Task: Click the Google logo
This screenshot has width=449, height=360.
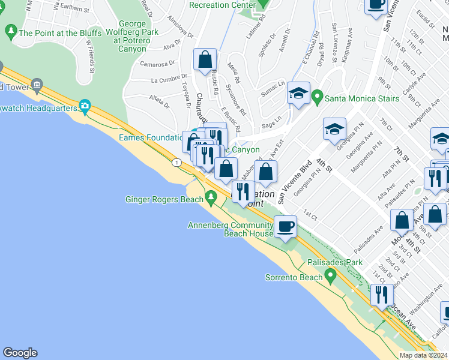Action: click(x=20, y=353)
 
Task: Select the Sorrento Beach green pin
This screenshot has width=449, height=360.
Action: click(x=330, y=276)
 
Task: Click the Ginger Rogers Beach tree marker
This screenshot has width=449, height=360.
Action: click(x=210, y=197)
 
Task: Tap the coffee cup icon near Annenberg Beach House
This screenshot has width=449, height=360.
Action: click(x=286, y=226)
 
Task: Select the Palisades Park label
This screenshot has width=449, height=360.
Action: click(x=335, y=263)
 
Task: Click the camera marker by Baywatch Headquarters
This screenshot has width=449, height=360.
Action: click(x=85, y=107)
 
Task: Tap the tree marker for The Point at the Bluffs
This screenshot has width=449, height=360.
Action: click(x=11, y=31)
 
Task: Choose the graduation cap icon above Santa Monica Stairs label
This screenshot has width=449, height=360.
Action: click(x=298, y=93)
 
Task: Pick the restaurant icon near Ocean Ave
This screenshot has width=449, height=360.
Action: click(x=382, y=295)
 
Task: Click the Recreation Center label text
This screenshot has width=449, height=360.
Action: click(x=217, y=5)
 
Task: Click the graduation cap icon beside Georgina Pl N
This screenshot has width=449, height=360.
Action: click(x=334, y=128)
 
